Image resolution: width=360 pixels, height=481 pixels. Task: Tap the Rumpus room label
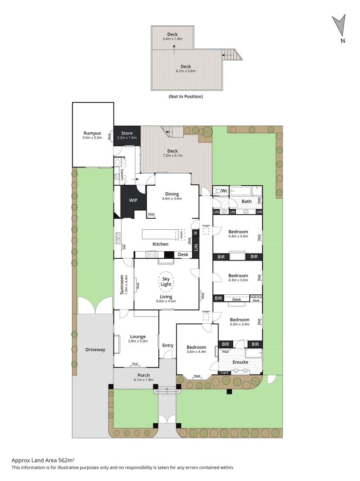pos(92,133)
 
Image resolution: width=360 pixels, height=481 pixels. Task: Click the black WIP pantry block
pos(133,200)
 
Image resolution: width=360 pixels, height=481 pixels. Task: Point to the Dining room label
pos(172,194)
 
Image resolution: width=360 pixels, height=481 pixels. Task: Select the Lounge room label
pos(138,337)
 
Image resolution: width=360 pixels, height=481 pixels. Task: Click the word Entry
pos(168,346)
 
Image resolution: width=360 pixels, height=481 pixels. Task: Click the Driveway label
pos(95,350)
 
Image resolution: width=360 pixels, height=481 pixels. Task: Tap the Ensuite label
pos(240,362)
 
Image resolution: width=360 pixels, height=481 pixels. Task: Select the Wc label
pos(225,191)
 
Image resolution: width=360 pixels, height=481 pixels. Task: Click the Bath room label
pos(247,201)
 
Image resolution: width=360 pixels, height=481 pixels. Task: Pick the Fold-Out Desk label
pos(256,299)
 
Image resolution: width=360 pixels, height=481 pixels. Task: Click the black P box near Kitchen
pos(195,232)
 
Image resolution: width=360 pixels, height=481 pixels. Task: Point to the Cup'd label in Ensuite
pos(224,373)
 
